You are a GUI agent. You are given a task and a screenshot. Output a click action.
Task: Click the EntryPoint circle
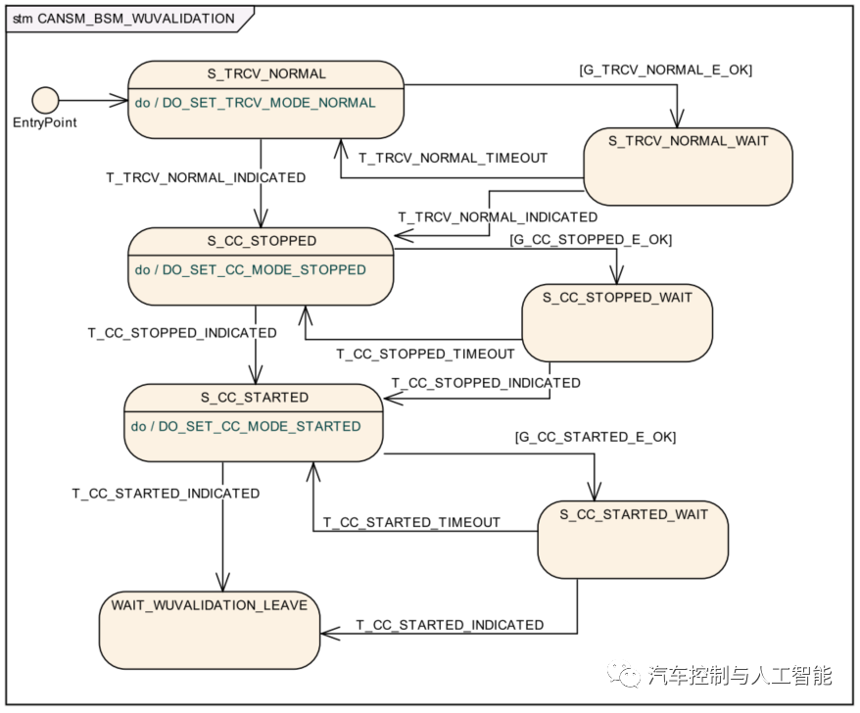(x=45, y=100)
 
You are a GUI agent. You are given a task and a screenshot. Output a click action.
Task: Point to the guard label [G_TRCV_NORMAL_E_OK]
(x=665, y=70)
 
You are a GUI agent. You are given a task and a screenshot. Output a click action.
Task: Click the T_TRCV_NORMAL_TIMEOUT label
(x=453, y=157)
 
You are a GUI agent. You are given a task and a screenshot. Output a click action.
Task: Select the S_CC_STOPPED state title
(x=261, y=240)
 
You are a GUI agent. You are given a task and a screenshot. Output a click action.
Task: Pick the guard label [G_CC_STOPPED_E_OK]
(x=590, y=239)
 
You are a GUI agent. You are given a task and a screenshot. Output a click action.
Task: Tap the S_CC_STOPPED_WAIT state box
(x=616, y=323)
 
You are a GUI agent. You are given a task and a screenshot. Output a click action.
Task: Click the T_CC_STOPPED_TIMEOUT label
(x=425, y=354)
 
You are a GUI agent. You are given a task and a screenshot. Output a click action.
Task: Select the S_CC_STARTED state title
(x=255, y=397)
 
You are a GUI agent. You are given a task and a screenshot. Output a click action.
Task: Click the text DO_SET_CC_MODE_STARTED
(x=260, y=426)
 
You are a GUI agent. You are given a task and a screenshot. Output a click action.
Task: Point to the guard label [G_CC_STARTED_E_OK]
(x=595, y=436)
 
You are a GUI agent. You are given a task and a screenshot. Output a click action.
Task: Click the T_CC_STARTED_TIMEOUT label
(x=411, y=522)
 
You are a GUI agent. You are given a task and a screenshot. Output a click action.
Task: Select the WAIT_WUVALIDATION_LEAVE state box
(x=209, y=629)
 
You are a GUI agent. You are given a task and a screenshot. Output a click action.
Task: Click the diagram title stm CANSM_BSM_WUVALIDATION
(x=123, y=18)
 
